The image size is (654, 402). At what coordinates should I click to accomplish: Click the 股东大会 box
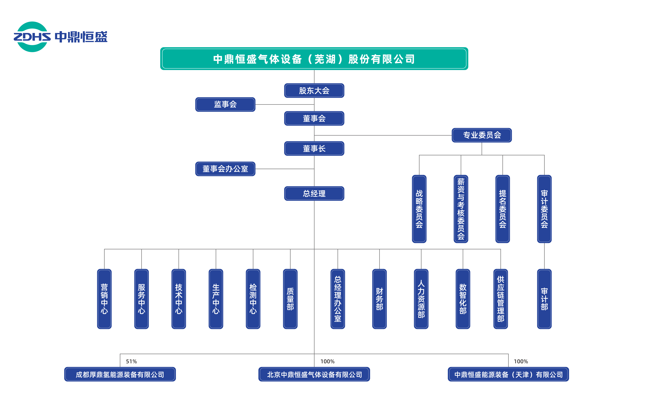[x=314, y=91]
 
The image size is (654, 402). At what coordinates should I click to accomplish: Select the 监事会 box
[x=225, y=105]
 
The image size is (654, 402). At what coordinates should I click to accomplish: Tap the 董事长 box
[x=314, y=149]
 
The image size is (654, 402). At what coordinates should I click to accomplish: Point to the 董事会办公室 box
[x=225, y=169]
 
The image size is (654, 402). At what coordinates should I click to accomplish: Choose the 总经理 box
[x=314, y=194]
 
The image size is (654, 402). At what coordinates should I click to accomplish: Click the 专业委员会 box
[x=482, y=135]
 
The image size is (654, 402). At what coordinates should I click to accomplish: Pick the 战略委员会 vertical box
[x=419, y=209]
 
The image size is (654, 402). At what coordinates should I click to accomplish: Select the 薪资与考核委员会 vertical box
[x=461, y=209]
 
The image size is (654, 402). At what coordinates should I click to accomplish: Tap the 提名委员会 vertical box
[x=503, y=209]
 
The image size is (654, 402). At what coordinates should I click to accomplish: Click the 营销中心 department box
[x=104, y=299]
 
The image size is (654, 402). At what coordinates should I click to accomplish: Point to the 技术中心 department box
[x=179, y=299]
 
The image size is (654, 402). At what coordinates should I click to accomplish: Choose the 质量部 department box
[x=290, y=299]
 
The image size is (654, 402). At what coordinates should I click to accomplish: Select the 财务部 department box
[x=379, y=299]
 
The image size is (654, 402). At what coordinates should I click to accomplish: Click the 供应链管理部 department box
[x=501, y=299]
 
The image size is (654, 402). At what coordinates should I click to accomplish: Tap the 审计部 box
[x=544, y=299]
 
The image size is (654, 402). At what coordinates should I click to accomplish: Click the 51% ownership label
[x=131, y=362]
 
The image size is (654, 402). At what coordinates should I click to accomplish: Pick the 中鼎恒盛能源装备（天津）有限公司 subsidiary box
[x=508, y=374]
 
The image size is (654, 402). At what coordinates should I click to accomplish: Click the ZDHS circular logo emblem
[x=32, y=37]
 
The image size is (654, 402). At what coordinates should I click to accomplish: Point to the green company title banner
[x=314, y=59]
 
